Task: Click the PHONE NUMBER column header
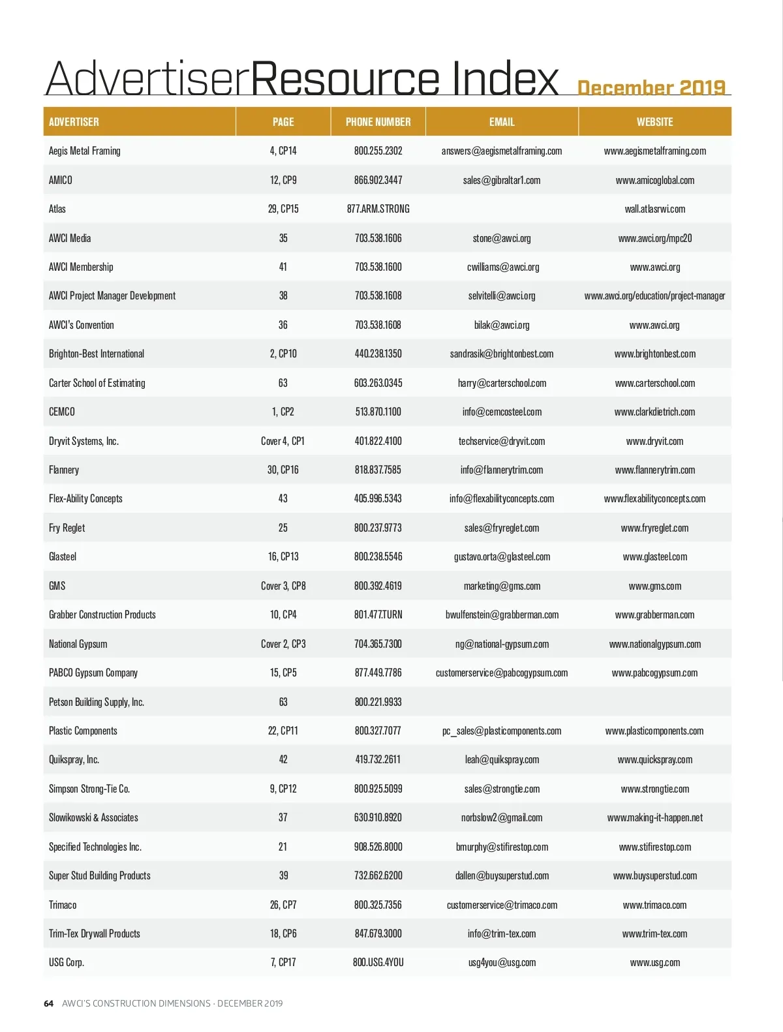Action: coord(378,122)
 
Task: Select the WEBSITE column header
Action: coord(654,122)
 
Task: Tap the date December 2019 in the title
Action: coord(651,87)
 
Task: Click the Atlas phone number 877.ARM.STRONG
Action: coord(378,209)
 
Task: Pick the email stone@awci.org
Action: coord(501,238)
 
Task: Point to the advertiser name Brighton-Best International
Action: coord(97,354)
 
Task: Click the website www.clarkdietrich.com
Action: coord(654,412)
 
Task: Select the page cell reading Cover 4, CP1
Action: coord(283,441)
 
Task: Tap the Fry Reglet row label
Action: coord(67,528)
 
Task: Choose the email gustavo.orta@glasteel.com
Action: coord(501,556)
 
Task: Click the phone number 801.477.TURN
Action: coord(378,615)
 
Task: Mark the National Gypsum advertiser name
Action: coord(78,644)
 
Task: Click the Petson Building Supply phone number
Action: coord(378,702)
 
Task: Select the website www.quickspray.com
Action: coord(654,759)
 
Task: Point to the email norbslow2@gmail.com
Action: coord(501,817)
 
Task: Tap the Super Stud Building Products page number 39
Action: coord(283,875)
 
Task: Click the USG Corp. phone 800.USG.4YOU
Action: coord(378,962)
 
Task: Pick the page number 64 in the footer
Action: coord(49,1003)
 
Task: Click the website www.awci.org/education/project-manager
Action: coord(654,296)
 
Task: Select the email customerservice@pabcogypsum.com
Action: coord(501,673)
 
